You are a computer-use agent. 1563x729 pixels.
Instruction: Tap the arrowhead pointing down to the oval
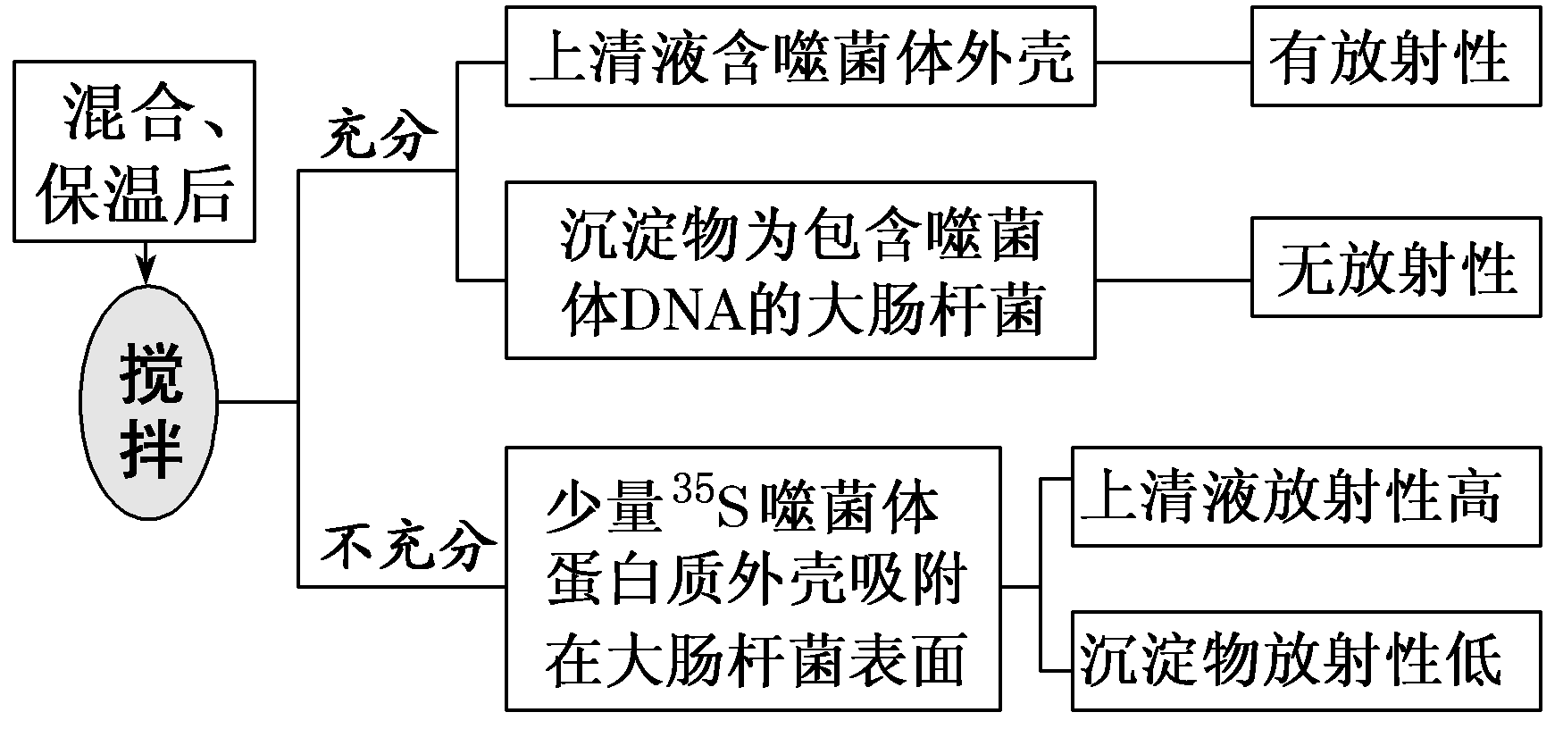click(x=146, y=273)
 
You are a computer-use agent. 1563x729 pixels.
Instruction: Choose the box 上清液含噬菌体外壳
click(x=800, y=56)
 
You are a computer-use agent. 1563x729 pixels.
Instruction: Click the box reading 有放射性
click(x=1396, y=56)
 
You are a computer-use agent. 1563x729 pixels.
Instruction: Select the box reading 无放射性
click(x=1396, y=267)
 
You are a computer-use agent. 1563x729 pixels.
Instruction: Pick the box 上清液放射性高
click(x=1306, y=497)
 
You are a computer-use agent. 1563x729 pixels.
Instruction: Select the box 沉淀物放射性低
click(x=1306, y=661)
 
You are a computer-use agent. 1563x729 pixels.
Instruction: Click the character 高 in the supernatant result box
click(x=1475, y=497)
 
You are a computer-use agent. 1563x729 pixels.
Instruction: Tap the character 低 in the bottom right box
click(x=1475, y=661)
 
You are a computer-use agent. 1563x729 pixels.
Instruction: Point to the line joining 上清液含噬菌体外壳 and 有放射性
click(x=1173, y=63)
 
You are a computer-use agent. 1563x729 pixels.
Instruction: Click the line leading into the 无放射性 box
click(x=1173, y=280)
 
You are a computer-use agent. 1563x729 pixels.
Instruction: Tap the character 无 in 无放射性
click(x=1306, y=268)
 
